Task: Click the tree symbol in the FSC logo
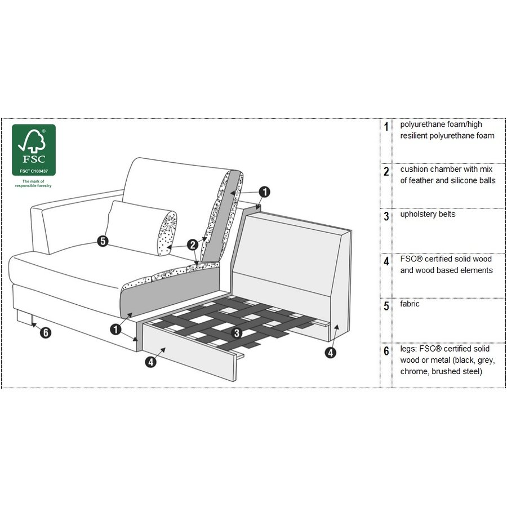32,141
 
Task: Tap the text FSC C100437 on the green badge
34,171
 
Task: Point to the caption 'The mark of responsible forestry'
33,183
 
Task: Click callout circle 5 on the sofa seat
103,241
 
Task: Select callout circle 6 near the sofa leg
46,332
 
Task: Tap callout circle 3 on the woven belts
237,333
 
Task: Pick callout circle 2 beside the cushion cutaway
193,245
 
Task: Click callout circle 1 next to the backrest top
265,192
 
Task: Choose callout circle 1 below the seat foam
115,330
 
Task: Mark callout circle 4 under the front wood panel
150,362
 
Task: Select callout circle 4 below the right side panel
330,353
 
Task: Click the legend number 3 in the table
386,216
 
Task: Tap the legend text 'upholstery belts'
428,214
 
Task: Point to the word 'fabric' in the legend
410,304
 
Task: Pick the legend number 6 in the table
386,351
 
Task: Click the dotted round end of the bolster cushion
167,233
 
